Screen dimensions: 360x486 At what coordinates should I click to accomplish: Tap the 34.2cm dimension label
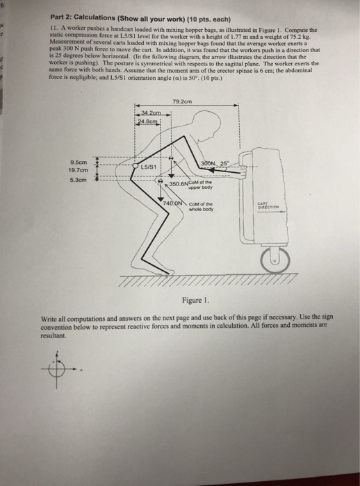[150, 113]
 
